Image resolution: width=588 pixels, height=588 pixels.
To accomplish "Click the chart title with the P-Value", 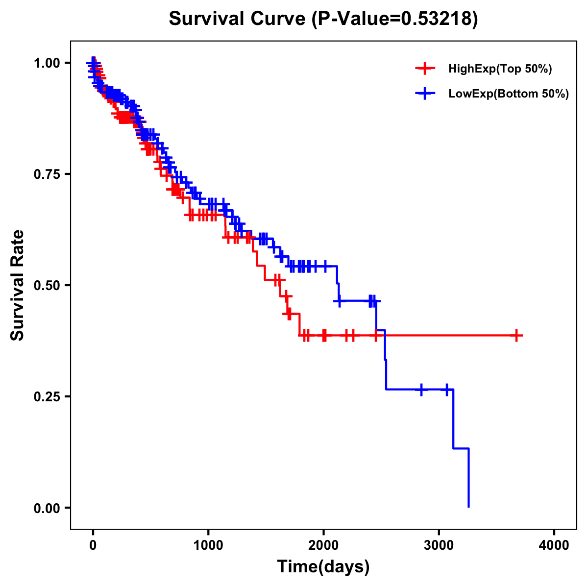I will pos(323,19).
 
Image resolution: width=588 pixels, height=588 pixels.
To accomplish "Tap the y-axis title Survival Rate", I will pos(18,285).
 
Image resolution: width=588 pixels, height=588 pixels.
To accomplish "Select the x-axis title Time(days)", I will pos(323,567).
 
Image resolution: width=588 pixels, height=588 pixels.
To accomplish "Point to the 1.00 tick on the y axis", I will pos(47,63).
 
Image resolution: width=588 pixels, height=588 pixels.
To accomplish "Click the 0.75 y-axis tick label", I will pos(47,174).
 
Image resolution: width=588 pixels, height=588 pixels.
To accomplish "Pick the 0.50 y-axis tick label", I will pos(47,285).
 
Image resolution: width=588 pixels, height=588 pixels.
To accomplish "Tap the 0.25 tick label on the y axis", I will pos(47,396).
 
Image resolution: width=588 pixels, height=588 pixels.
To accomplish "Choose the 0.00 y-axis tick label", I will pos(47,508).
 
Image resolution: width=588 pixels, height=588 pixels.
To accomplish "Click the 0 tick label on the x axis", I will pos(93,545).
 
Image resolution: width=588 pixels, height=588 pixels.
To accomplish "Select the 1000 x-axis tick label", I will pos(208,545).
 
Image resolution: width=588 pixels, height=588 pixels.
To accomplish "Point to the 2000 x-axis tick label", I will pos(323,545).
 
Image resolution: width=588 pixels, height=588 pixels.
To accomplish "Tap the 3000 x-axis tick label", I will pos(439,545).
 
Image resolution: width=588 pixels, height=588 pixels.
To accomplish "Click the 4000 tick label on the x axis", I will pos(554,545).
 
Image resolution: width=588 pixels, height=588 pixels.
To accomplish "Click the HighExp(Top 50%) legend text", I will pos(500,69).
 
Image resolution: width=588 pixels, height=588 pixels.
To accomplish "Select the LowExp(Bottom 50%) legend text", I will pos(509,94).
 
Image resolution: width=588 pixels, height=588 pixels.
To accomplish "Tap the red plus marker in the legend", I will pos(425,69).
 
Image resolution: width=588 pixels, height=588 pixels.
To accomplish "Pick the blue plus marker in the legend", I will pos(425,94).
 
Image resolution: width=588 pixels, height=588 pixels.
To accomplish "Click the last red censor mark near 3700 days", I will pos(516,336).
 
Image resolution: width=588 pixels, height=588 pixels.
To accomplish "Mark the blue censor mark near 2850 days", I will pos(421,390).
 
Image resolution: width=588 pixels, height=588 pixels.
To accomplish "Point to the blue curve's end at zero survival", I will pos(469,506).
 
